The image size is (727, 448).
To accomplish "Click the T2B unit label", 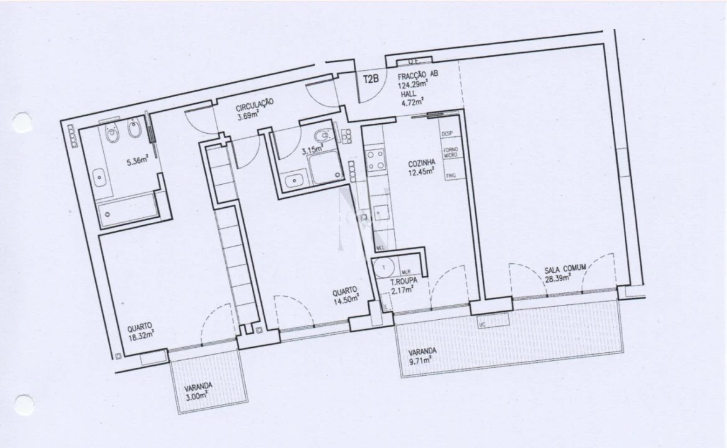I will click(x=371, y=78).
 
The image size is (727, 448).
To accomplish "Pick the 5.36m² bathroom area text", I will click(x=137, y=162).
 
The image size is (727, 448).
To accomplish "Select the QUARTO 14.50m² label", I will click(x=346, y=295).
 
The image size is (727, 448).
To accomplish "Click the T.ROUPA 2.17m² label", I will click(x=402, y=286).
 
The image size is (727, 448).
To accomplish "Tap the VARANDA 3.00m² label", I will click(x=198, y=390).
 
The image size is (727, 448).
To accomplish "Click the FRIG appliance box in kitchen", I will click(x=451, y=177).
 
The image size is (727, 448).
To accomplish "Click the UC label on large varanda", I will click(x=483, y=324).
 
